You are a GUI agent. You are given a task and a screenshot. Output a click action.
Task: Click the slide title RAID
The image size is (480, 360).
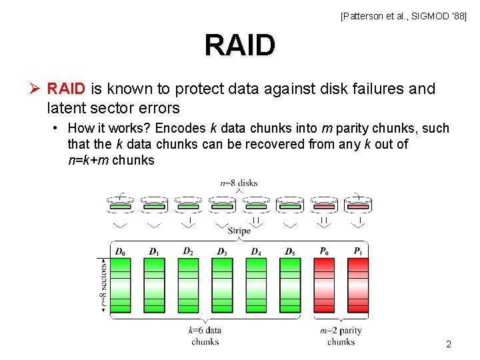coord(239,46)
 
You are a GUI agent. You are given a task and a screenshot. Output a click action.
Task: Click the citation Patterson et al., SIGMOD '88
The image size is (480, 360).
coord(404,15)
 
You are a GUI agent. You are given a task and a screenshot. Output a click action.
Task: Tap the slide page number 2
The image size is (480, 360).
coord(449,345)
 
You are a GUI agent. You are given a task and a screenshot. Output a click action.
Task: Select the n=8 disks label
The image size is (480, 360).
coord(239,183)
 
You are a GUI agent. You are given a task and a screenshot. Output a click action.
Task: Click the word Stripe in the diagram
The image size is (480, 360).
coord(239,231)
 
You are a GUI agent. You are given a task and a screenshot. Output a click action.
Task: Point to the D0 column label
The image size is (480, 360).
coord(120,251)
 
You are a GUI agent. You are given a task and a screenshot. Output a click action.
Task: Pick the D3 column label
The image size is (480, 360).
coord(221,251)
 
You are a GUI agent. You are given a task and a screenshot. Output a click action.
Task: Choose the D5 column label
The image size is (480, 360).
coord(289,251)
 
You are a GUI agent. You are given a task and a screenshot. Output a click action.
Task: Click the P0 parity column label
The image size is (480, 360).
coord(324,251)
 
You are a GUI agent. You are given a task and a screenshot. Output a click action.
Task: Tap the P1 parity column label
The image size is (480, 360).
coord(358,251)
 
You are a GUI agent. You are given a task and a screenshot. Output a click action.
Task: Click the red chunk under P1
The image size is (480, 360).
coord(358,285)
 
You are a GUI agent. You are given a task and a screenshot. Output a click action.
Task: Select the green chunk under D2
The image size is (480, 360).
coord(189,285)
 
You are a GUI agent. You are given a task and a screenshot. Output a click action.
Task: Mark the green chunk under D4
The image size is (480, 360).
coord(257,285)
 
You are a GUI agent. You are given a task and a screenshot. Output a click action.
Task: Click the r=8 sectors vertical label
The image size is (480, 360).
coord(104,285)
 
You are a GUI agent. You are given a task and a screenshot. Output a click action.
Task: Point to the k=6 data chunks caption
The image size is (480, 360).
coord(205,336)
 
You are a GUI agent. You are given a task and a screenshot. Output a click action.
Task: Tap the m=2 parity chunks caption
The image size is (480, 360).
coord(341,336)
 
